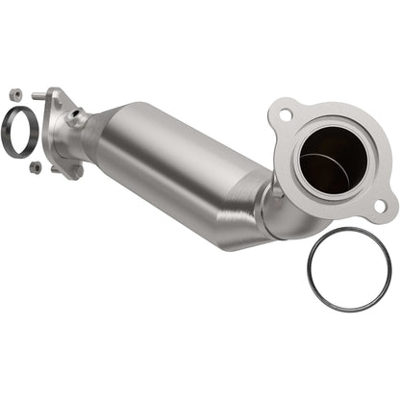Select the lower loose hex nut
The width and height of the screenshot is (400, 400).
[x=36, y=166]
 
